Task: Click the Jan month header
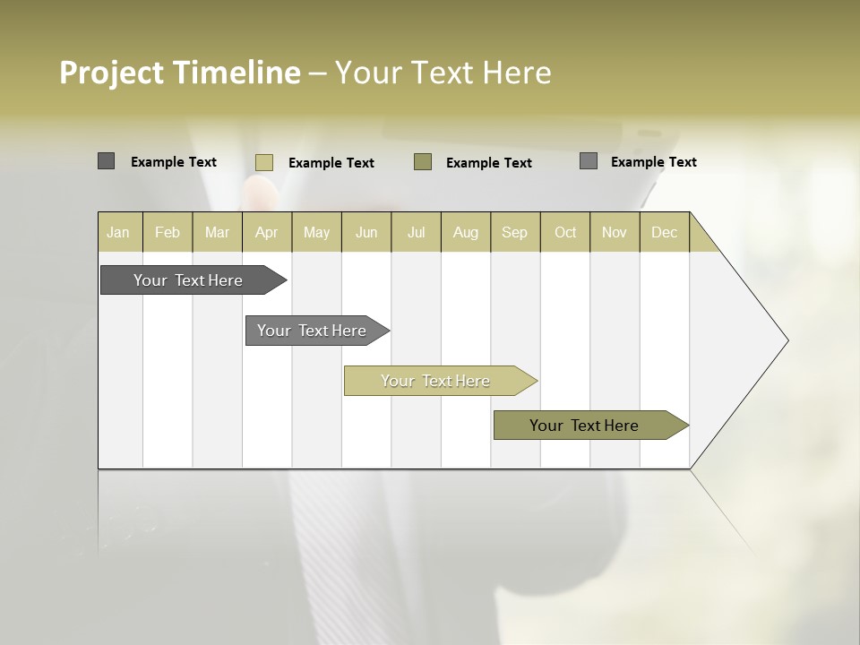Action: (x=119, y=232)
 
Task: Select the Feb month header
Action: (x=168, y=232)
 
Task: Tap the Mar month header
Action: (x=217, y=232)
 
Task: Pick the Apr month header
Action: (x=267, y=232)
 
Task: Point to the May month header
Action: (x=316, y=232)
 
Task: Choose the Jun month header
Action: (x=366, y=232)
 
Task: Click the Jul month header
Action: (x=416, y=232)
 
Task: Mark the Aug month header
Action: (x=466, y=232)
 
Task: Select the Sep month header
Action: (x=515, y=232)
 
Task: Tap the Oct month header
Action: (x=565, y=232)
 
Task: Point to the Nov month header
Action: (x=615, y=232)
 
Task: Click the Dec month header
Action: (x=664, y=232)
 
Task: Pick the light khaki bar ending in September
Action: (x=436, y=381)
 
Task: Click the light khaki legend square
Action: (x=264, y=162)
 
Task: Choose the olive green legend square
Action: (x=423, y=161)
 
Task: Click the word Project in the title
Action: (x=112, y=73)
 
